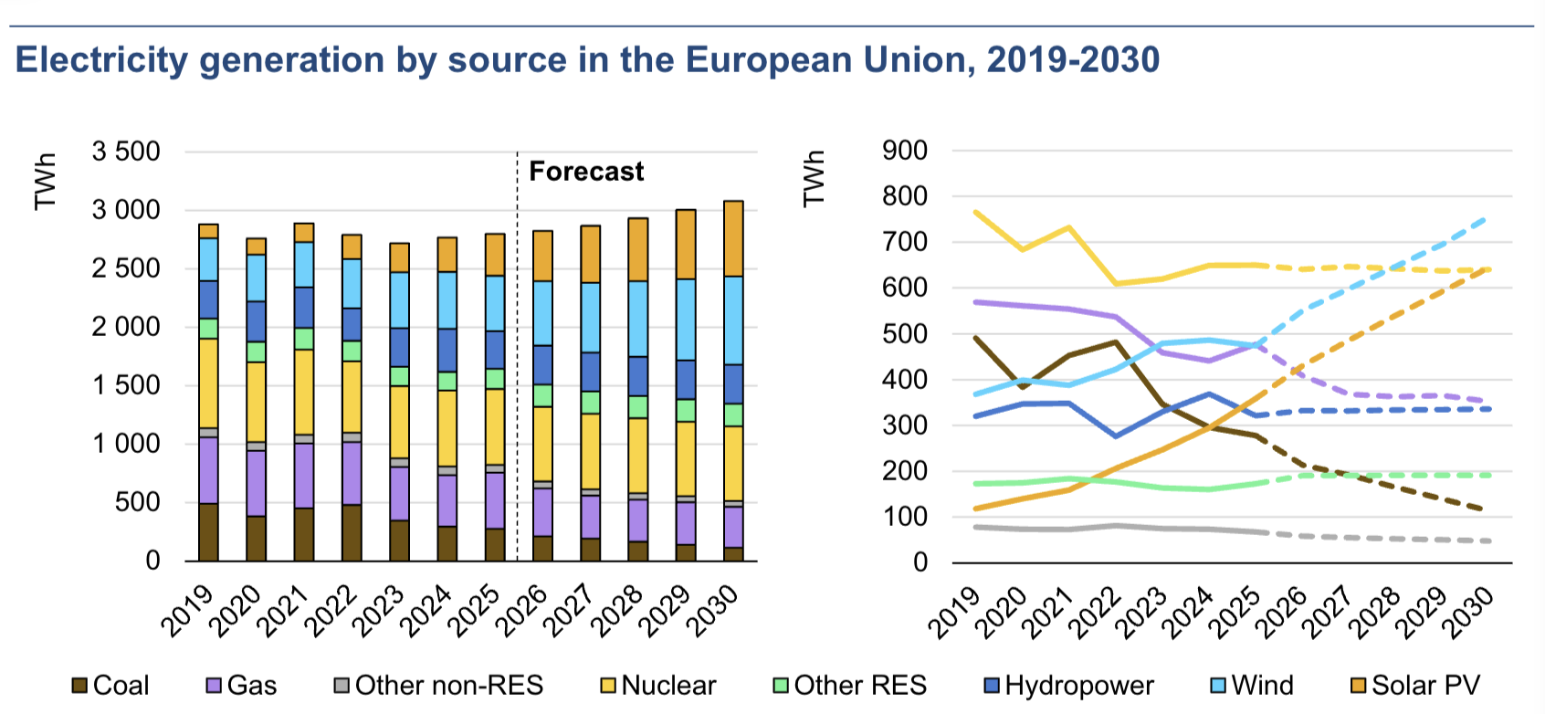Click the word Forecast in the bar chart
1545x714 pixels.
click(x=586, y=172)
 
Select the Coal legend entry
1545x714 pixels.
click(x=110, y=686)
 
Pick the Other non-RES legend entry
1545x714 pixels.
click(x=437, y=686)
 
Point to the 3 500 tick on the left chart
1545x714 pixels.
click(x=126, y=152)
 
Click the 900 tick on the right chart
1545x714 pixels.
click(x=904, y=152)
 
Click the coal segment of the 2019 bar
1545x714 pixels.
click(x=208, y=531)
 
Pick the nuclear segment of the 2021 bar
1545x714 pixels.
click(x=304, y=392)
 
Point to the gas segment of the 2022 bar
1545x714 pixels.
click(x=352, y=473)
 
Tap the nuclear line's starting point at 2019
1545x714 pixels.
click(x=975, y=212)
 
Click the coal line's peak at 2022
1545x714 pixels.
click(x=1116, y=342)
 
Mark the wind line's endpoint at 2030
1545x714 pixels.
click(x=1487, y=218)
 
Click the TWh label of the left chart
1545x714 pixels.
click(x=45, y=182)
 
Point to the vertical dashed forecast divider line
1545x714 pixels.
click(x=517, y=365)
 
